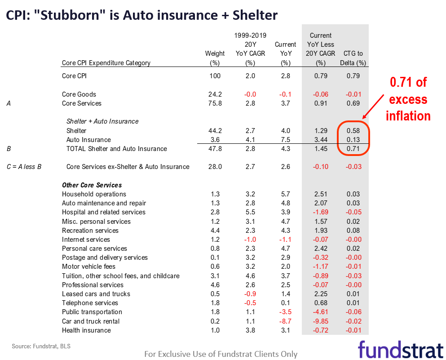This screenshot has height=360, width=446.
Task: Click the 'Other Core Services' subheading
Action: coord(92,185)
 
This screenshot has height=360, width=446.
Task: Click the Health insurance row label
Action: coord(86,330)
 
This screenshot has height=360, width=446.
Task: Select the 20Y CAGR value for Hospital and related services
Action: coord(250,212)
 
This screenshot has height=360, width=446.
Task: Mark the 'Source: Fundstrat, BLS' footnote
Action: coord(41,346)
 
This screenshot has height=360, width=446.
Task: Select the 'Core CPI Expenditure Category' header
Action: coord(106,63)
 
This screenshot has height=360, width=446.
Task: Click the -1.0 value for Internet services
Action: coord(250,240)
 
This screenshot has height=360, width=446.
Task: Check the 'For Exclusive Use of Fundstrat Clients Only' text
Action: coord(221,354)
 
